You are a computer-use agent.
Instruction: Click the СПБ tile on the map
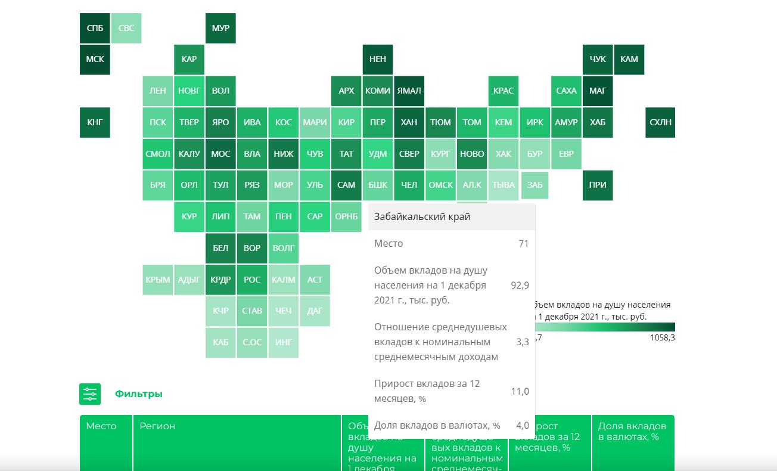tap(95, 28)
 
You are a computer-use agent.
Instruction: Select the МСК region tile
tap(95, 59)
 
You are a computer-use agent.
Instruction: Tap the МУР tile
tap(220, 28)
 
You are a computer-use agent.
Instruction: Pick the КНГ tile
tap(95, 122)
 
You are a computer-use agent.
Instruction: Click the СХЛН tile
tap(660, 122)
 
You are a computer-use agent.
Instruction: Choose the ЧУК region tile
tap(598, 59)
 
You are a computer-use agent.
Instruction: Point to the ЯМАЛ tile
tap(409, 91)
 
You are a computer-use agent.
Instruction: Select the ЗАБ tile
tap(535, 185)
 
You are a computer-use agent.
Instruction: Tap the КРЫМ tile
tap(158, 280)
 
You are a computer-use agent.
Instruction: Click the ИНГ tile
tap(284, 342)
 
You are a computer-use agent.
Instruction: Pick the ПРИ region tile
tap(598, 185)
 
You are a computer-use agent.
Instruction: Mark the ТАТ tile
tap(346, 154)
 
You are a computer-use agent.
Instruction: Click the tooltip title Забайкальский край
tap(422, 216)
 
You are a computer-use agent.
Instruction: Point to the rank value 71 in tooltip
tap(523, 243)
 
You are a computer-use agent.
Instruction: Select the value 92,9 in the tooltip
tap(520, 285)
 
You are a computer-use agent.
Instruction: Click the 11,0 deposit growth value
tap(520, 391)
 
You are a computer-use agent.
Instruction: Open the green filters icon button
tap(90, 394)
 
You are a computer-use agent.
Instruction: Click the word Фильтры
tap(138, 394)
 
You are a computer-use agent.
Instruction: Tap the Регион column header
tap(157, 426)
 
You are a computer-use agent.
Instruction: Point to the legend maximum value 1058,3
tap(662, 338)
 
